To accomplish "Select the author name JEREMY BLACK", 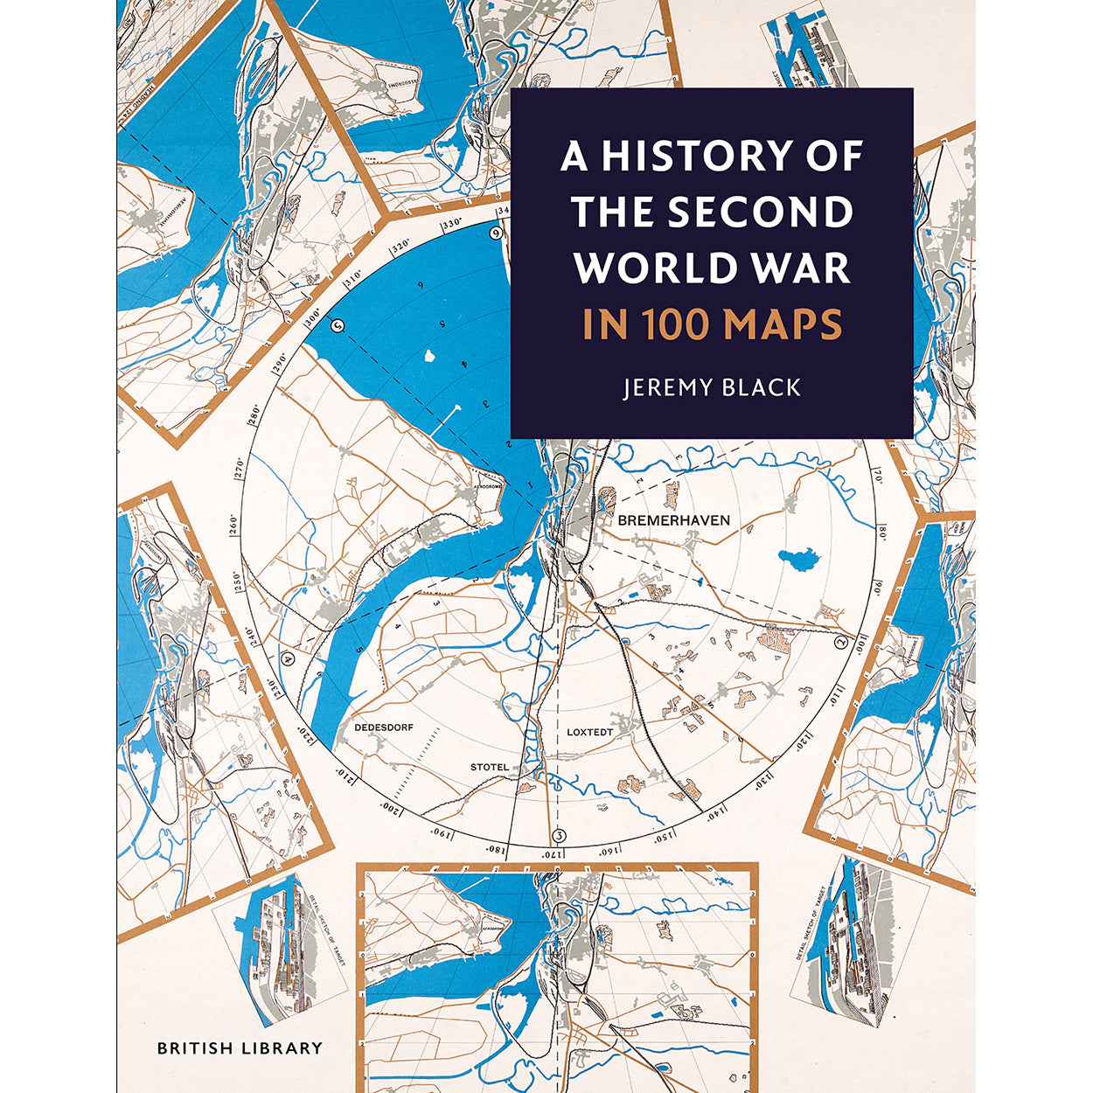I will click(x=712, y=387).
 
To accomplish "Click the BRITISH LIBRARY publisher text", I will click(x=240, y=1048).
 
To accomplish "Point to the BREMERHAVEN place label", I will click(x=673, y=520).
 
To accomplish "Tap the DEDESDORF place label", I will click(x=384, y=727).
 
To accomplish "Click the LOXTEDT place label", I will click(x=590, y=731).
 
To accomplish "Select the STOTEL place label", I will click(x=489, y=767).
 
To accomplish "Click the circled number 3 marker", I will click(x=560, y=833).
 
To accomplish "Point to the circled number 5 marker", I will click(x=339, y=325).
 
